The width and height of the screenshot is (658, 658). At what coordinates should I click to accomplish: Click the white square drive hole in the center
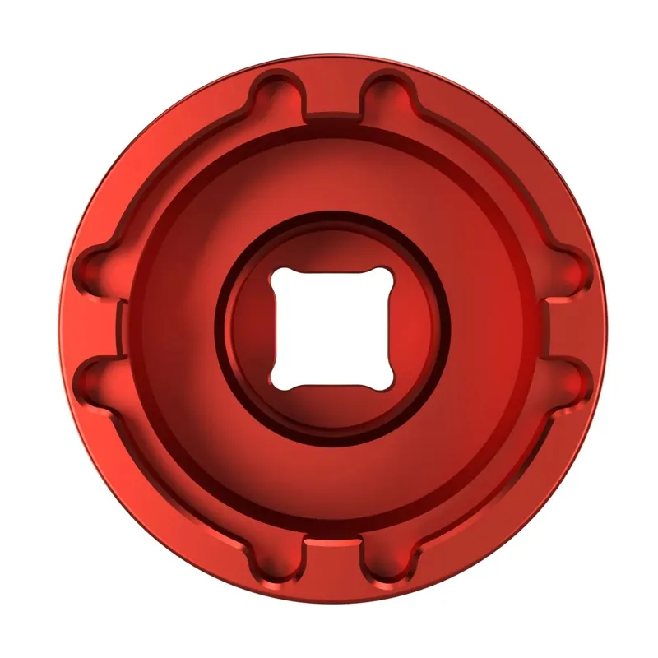coord(329,329)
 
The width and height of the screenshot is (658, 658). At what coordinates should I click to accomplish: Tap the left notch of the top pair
coord(275,93)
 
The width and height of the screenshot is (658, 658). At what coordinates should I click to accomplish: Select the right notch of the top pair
coord(382,93)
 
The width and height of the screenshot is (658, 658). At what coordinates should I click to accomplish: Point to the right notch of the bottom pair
coord(382,565)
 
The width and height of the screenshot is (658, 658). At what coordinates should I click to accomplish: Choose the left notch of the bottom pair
coord(275,565)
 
